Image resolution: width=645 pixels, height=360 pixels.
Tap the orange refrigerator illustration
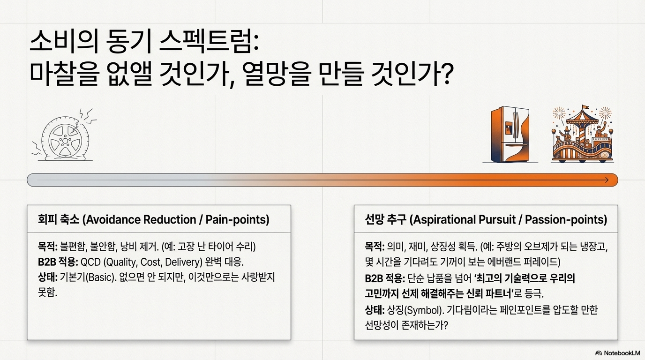(510, 135)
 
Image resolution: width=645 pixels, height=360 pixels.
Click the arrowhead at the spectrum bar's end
(606, 180)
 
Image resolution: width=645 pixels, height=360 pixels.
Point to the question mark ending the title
(446, 74)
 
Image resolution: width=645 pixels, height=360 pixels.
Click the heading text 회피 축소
(58, 219)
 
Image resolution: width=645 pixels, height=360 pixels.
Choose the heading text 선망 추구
(385, 219)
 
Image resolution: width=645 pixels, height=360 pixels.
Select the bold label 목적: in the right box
(375, 247)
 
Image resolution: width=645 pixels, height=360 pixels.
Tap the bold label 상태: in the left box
(47, 277)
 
